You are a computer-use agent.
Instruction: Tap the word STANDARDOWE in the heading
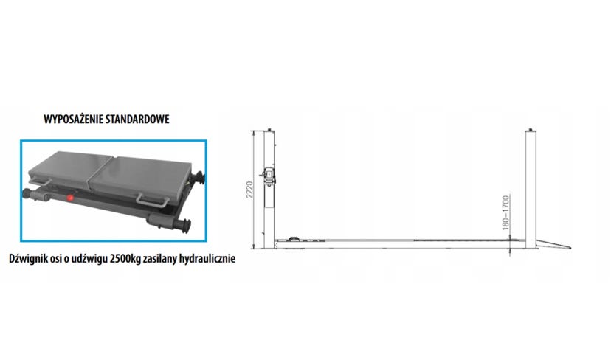[x=138, y=120]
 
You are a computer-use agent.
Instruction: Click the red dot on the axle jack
[x=71, y=198]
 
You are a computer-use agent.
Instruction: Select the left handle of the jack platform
[x=40, y=181]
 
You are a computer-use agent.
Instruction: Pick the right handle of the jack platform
[x=152, y=201]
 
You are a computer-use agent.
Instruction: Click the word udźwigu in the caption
[x=92, y=259]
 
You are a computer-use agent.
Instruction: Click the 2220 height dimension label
[x=249, y=190]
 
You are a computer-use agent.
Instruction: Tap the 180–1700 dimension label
[x=505, y=212]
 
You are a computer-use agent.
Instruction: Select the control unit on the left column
[x=269, y=176]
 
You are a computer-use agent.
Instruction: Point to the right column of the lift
[x=531, y=190]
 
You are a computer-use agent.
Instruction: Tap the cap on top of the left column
[x=269, y=130]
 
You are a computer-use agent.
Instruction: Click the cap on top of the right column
[x=531, y=130]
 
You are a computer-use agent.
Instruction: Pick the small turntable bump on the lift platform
[x=293, y=238]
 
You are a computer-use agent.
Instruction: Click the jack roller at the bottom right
[x=182, y=225]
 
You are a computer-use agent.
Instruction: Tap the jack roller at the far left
[x=28, y=193]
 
